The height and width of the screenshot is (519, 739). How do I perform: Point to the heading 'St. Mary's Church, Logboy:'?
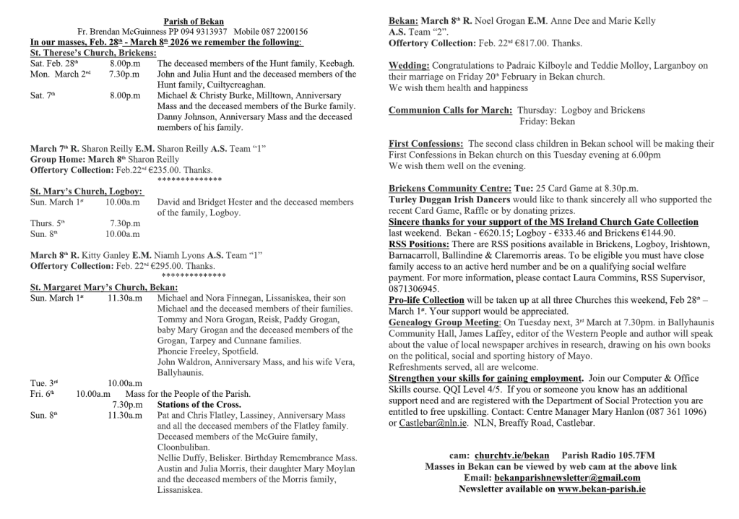click(x=87, y=192)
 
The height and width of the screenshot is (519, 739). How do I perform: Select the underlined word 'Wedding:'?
click(x=409, y=66)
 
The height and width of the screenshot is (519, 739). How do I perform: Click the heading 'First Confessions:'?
click(x=425, y=144)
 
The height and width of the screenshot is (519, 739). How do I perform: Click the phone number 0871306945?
click(x=414, y=288)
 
